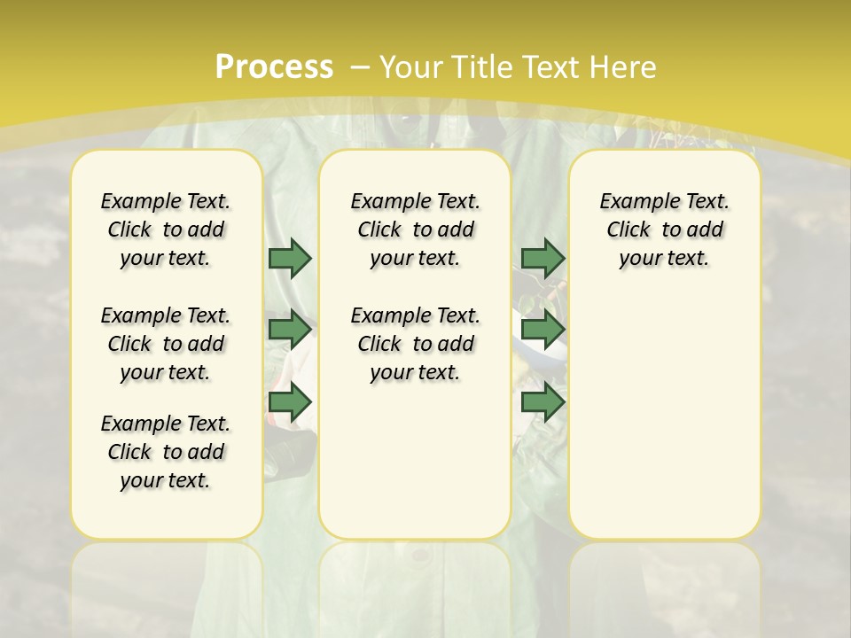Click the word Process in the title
point(274,66)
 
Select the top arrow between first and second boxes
point(290,258)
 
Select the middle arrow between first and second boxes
point(290,330)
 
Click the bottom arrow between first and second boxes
point(290,402)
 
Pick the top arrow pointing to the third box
point(543,258)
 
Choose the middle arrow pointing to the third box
point(543,330)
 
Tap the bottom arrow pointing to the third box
point(543,402)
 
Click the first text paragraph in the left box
point(166,230)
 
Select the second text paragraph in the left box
point(166,344)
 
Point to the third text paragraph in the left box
point(166,452)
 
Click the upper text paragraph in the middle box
point(415,230)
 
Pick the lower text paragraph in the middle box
point(415,344)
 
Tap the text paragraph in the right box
point(664,230)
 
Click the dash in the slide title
point(360,66)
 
